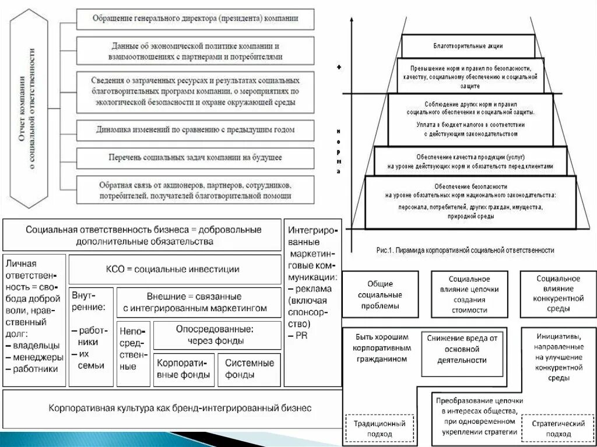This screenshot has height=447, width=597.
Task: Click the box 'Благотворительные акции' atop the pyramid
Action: point(468,45)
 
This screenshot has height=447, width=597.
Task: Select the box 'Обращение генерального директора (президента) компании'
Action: point(195,19)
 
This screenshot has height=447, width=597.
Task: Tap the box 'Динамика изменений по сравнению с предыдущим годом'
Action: point(195,130)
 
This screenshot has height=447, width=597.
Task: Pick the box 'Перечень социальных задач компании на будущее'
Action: point(195,157)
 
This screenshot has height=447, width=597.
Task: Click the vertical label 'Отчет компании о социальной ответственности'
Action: point(29,109)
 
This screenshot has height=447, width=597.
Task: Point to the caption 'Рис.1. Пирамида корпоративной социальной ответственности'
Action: point(465,250)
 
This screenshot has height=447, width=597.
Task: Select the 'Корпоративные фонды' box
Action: point(184,369)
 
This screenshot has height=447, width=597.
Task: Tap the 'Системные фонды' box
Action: point(249,369)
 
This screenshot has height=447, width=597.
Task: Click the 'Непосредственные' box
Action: point(133,354)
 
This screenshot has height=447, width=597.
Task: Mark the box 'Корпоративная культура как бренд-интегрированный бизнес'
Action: point(172,408)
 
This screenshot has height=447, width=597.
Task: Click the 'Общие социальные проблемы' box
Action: point(380,294)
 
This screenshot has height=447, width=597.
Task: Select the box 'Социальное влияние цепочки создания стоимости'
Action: point(469,294)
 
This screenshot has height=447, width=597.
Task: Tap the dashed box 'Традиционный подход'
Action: point(380,428)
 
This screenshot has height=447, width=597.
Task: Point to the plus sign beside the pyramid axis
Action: point(339,67)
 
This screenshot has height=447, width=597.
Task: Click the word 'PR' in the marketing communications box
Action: point(300,336)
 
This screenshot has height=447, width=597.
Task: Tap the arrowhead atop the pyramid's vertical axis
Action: point(352,21)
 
